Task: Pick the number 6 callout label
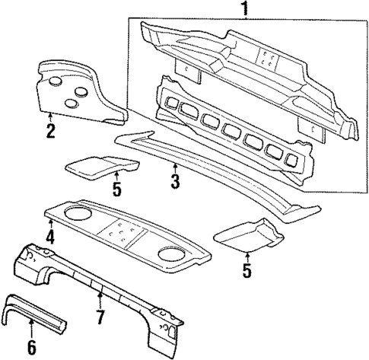(30, 349)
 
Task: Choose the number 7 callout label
(99, 314)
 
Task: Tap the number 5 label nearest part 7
(248, 269)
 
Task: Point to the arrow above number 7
(99, 297)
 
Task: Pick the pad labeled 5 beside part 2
(99, 166)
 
